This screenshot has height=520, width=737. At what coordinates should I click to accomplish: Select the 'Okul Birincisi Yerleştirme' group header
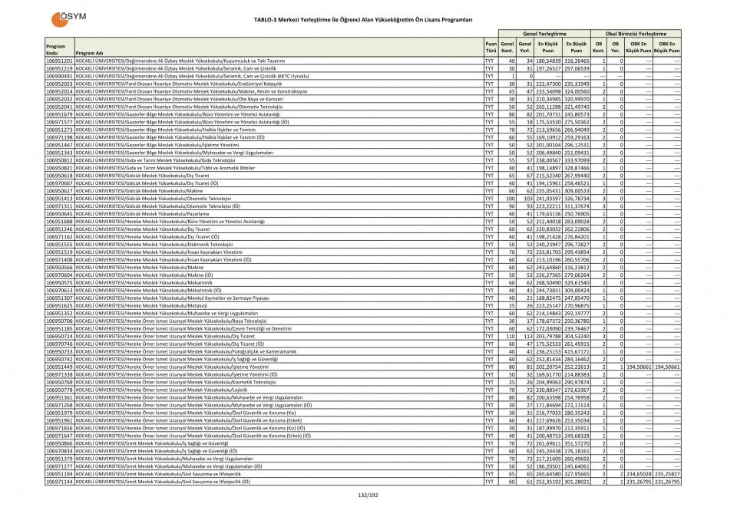pyautogui.click(x=636, y=34)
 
